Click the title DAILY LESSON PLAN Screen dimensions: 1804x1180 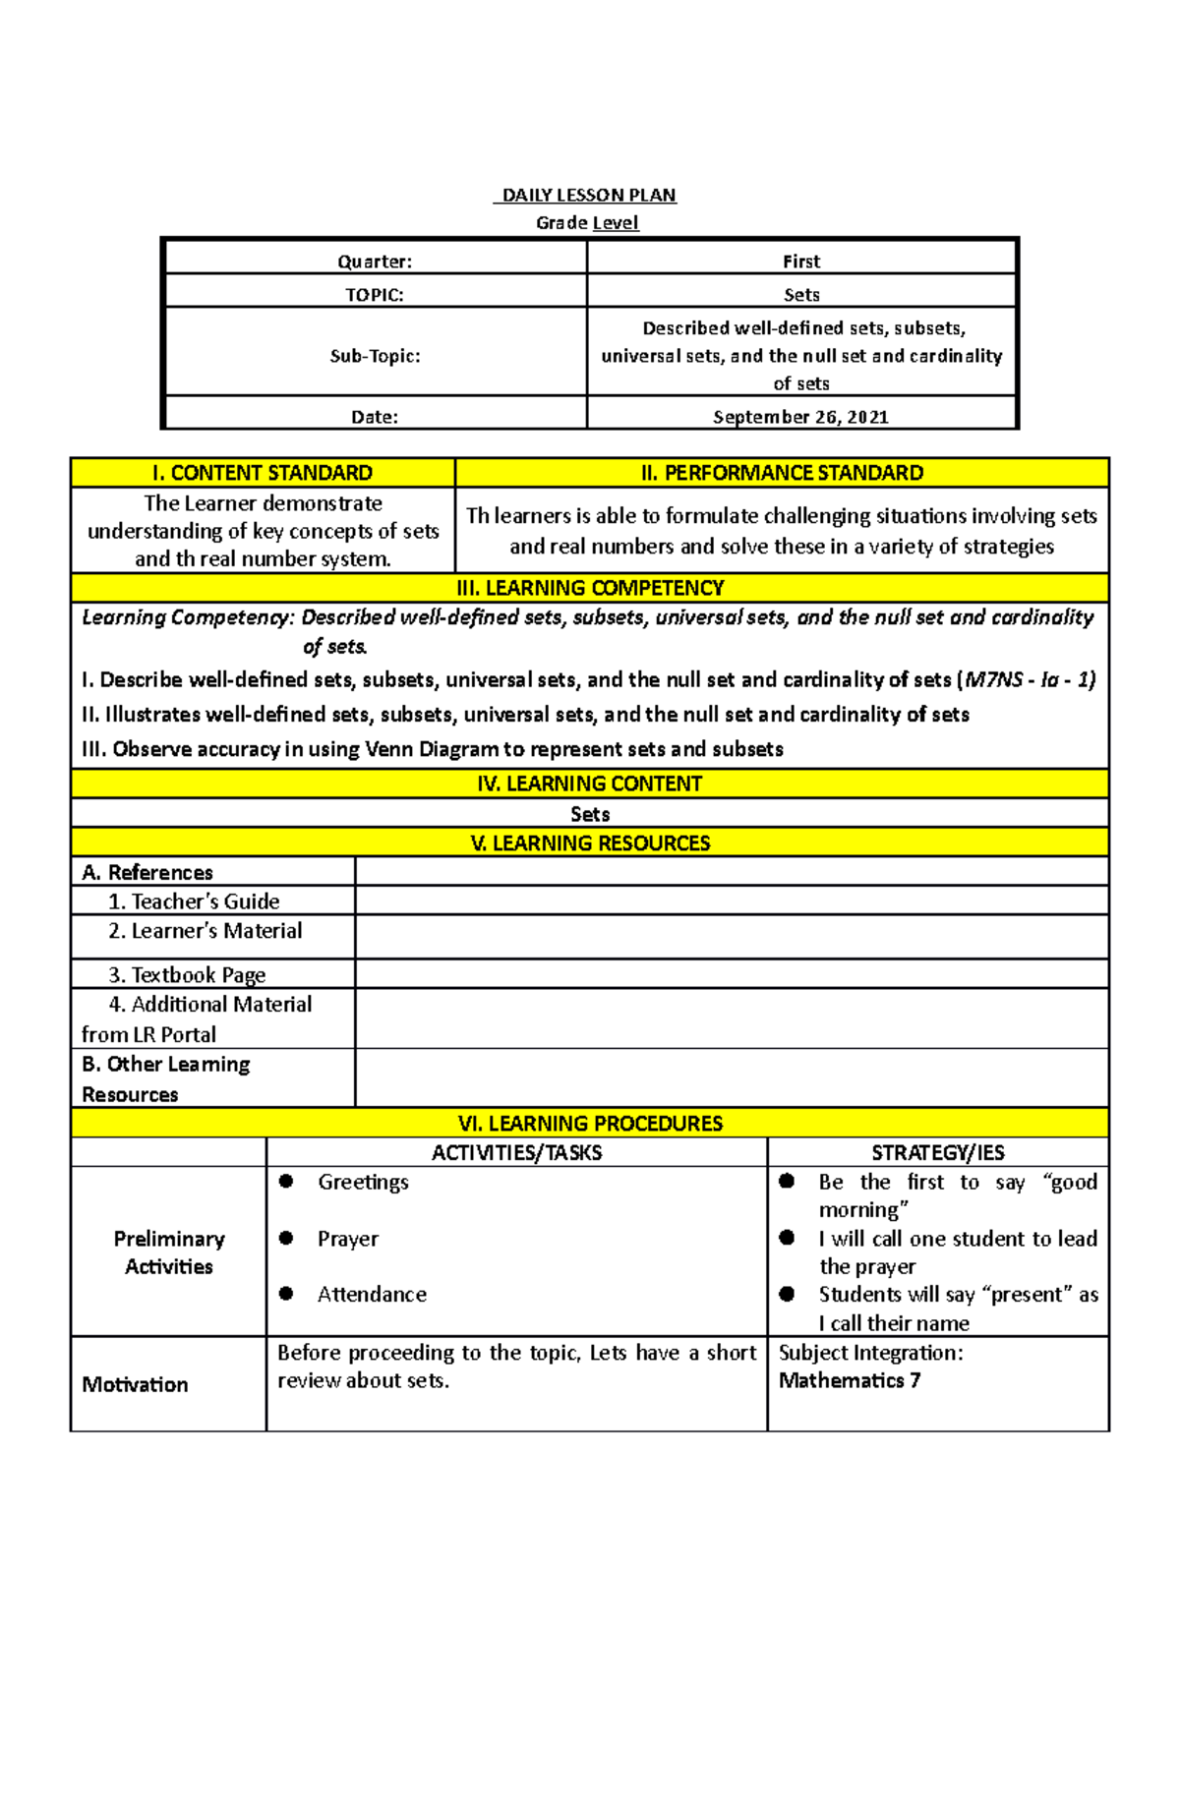pos(589,195)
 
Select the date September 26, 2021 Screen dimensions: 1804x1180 pos(800,417)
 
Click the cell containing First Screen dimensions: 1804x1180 pos(800,262)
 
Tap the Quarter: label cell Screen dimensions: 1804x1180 pos(375,262)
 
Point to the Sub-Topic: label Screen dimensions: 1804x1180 pos(375,356)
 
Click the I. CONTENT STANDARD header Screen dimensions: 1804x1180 pos(263,473)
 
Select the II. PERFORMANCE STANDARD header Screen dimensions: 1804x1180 pos(782,473)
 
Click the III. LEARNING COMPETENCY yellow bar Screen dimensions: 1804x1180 pos(590,588)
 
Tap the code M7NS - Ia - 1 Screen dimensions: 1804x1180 pos(1030,680)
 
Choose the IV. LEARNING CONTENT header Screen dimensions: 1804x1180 pos(590,784)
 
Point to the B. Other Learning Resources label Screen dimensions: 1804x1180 pos(165,1078)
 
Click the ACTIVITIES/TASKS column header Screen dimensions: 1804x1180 pos(516,1152)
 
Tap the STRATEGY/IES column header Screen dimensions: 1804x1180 pos(937,1152)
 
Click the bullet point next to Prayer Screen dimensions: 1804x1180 pos(286,1238)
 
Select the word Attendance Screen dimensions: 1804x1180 pos(372,1295)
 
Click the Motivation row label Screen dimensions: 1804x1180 pos(135,1384)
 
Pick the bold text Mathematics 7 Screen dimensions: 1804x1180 pos(850,1381)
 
